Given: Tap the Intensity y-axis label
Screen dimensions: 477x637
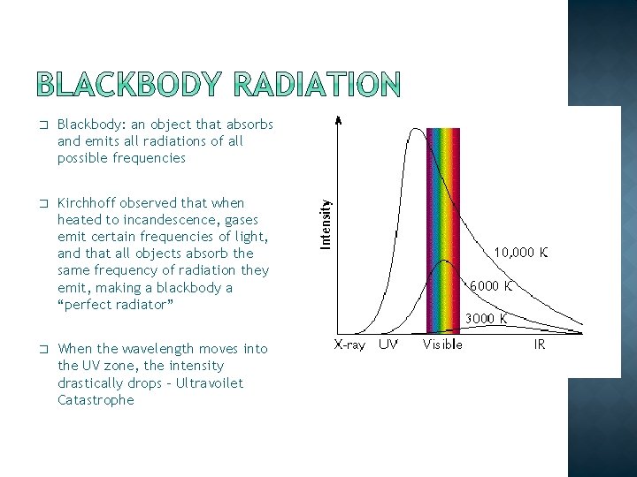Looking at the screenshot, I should (x=326, y=223).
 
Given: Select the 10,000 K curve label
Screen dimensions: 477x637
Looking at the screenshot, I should (x=520, y=252).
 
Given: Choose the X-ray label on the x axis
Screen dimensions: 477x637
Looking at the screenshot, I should (x=349, y=344).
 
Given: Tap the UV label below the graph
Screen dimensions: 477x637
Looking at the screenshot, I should (x=388, y=344).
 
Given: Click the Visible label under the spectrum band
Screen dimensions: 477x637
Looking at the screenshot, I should (x=442, y=344).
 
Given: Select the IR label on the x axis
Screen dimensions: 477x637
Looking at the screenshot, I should (x=540, y=344).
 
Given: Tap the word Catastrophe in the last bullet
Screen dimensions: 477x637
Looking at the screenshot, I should (x=96, y=400).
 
